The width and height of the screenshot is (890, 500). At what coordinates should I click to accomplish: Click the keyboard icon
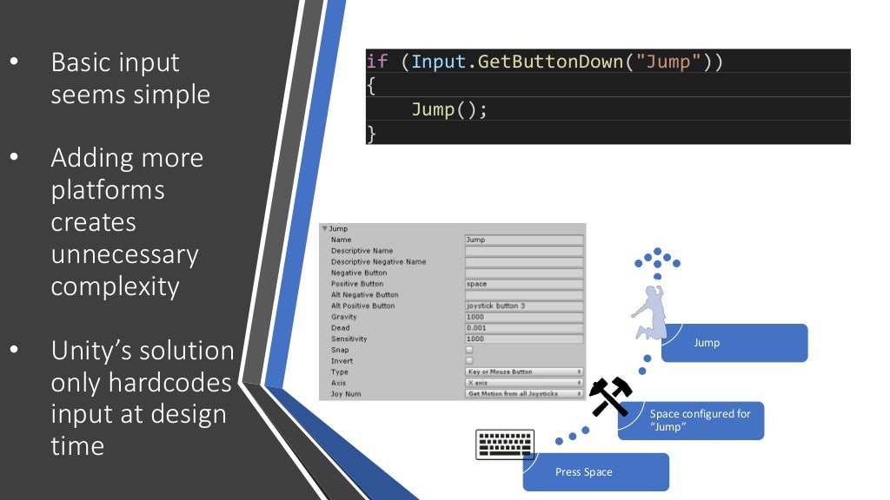tap(505, 444)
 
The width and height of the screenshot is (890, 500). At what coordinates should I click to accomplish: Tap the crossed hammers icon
tap(610, 397)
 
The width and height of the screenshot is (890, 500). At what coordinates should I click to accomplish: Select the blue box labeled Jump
tap(734, 343)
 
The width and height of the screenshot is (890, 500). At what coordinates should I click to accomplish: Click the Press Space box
tap(595, 472)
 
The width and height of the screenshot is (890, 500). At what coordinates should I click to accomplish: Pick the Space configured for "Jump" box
tap(691, 420)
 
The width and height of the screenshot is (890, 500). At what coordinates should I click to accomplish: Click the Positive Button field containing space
tap(523, 284)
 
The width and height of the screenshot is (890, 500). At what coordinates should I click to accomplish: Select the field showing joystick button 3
tap(523, 306)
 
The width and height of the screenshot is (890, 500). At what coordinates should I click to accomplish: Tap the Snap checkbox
tap(469, 350)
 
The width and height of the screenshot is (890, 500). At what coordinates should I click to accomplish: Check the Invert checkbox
tap(469, 361)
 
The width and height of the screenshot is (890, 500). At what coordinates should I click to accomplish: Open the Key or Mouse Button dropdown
tap(523, 372)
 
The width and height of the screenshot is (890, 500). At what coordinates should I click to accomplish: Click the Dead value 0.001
tap(523, 328)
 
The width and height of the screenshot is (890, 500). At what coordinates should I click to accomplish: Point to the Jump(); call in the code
tap(449, 110)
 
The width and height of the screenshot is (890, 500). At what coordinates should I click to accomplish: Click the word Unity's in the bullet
tap(91, 351)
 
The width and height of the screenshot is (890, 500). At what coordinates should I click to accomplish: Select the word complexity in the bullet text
tap(115, 286)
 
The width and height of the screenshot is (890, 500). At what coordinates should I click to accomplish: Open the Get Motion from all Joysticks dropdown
tap(523, 394)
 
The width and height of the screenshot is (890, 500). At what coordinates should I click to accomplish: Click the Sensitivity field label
tap(350, 339)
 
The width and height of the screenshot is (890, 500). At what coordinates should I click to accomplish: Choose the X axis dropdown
tap(523, 383)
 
